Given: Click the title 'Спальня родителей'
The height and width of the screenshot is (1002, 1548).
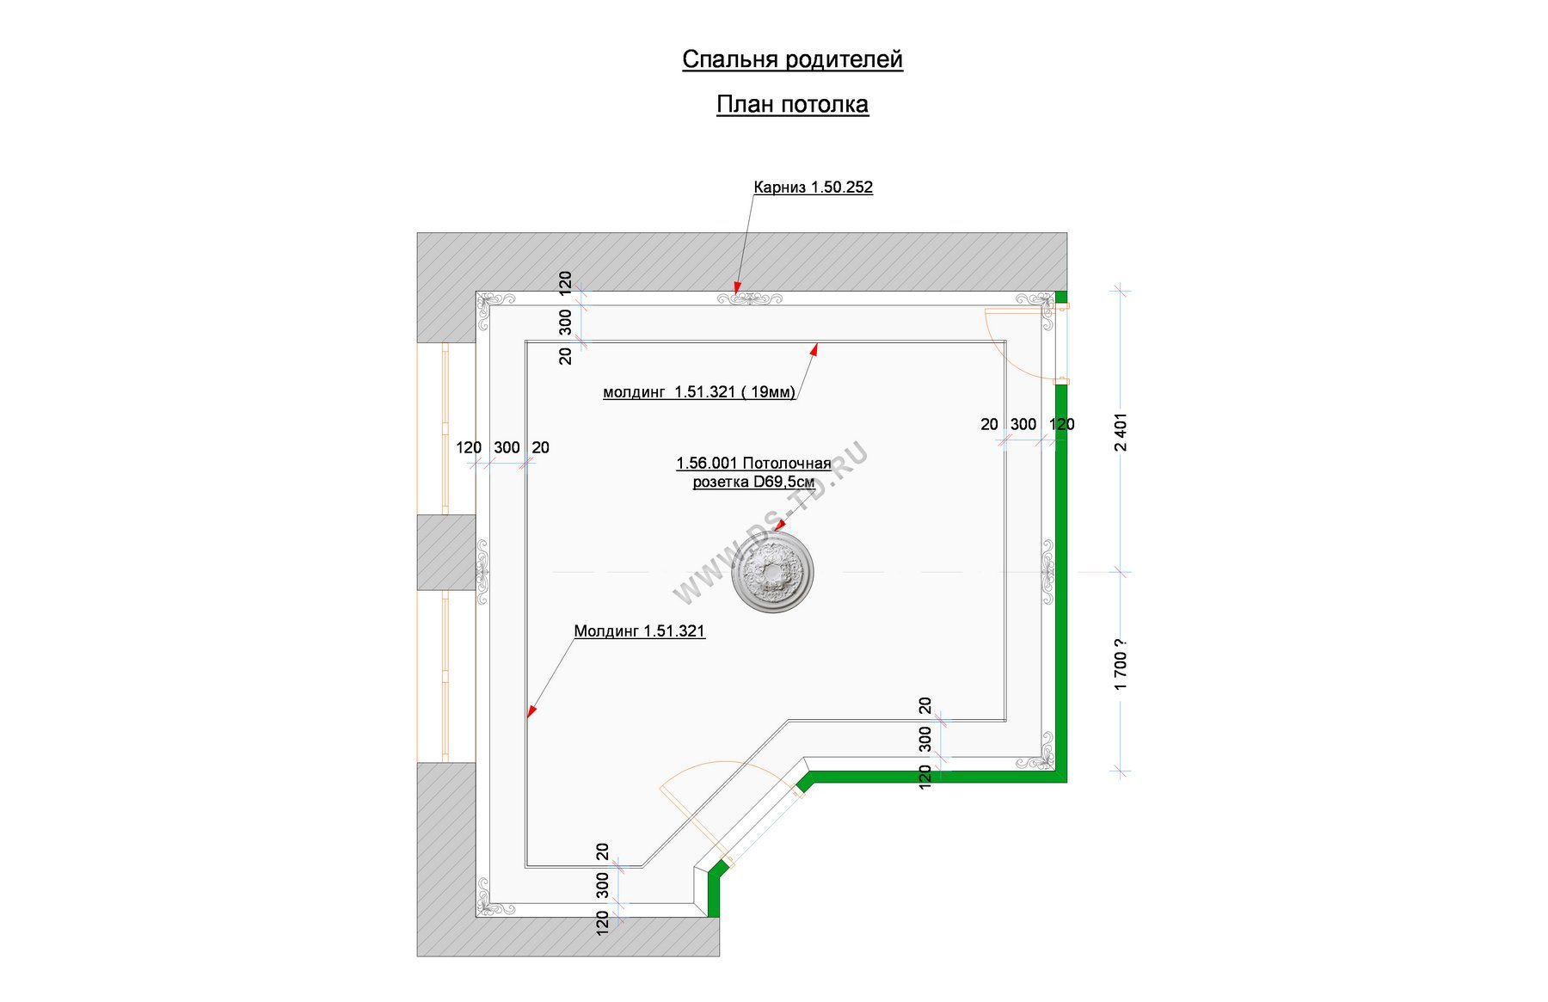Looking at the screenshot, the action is [792, 59].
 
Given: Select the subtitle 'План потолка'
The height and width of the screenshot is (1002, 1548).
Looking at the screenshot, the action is [792, 104].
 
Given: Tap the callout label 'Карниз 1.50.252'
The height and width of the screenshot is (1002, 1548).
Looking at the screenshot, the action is [813, 187].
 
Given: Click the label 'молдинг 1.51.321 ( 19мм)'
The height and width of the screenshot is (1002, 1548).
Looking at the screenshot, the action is [699, 392].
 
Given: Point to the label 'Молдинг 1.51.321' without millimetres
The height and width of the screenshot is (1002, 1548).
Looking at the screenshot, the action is [639, 631].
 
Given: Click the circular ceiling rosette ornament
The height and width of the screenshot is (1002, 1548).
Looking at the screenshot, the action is [772, 572].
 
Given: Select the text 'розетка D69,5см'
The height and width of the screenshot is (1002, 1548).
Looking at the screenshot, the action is [753, 483].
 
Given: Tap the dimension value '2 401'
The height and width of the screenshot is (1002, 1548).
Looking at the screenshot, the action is [1120, 432].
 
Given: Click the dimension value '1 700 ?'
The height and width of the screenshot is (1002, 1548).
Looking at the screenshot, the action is [1120, 664].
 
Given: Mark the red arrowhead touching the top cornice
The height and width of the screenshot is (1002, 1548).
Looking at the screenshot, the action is [737, 287].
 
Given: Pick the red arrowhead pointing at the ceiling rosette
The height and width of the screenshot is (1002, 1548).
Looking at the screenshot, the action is [780, 524].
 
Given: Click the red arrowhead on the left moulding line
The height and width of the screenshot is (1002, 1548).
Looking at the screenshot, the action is [531, 711].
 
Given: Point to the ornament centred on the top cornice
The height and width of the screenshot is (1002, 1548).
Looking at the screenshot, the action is [749, 298].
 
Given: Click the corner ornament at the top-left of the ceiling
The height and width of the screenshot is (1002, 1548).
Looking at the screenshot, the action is [494, 308].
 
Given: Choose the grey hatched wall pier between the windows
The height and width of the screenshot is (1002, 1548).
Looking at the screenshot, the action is [446, 552].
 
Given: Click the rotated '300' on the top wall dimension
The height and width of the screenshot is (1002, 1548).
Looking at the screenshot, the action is [565, 323].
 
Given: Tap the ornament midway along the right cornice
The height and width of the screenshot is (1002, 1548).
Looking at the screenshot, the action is [1047, 572].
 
